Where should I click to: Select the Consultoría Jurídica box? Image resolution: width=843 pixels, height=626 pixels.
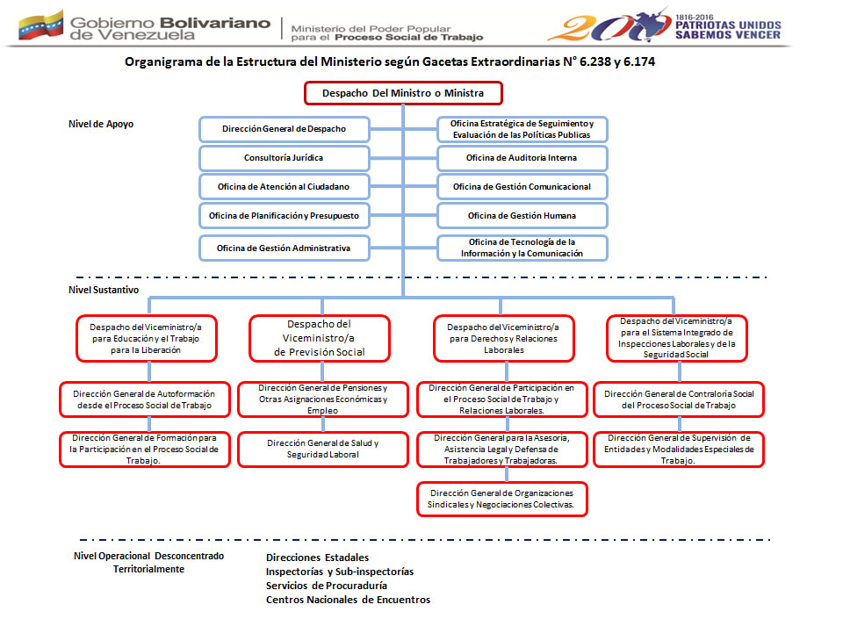(x=284, y=158)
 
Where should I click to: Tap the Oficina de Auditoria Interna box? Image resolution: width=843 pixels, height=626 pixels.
(x=522, y=158)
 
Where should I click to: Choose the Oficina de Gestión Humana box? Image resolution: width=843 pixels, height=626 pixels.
(x=522, y=215)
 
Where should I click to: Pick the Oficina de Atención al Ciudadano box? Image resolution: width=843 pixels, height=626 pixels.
(x=284, y=187)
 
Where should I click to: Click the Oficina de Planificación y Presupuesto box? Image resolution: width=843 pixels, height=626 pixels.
(x=284, y=215)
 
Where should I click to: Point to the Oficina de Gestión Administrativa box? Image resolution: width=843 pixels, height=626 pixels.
(x=284, y=248)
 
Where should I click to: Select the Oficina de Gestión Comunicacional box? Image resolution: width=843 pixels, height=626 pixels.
(x=522, y=187)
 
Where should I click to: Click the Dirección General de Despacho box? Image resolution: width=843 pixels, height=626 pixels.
(x=284, y=129)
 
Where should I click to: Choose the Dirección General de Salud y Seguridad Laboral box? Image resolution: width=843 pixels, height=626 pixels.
(x=323, y=449)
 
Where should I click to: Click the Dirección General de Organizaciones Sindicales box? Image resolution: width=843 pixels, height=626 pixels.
(x=501, y=499)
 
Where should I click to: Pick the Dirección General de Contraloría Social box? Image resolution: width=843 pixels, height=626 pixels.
(x=679, y=399)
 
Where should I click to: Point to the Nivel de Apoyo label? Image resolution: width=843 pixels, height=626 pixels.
(x=101, y=124)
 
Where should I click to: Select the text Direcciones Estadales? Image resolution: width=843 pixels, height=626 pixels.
(x=317, y=558)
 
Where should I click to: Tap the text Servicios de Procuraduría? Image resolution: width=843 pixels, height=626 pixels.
(x=327, y=586)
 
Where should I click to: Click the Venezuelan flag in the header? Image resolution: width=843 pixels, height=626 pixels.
(x=41, y=24)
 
